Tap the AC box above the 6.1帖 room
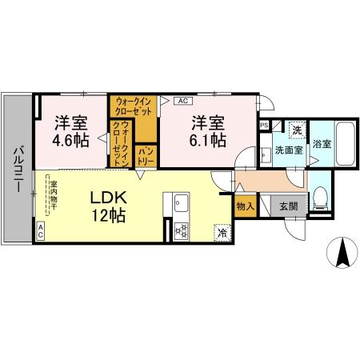pyautogui.click(x=182, y=101)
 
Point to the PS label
pyautogui.click(x=263, y=126)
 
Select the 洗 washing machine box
pyautogui.click(x=295, y=129)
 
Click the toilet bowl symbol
pyautogui.click(x=320, y=195)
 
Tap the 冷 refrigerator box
pyautogui.click(x=220, y=233)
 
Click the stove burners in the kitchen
pyautogui.click(x=181, y=231)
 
